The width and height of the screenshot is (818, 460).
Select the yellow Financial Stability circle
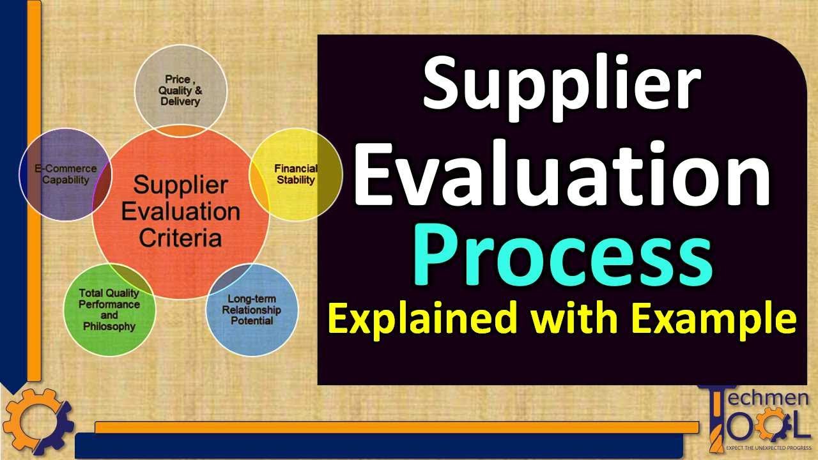(x=296, y=174)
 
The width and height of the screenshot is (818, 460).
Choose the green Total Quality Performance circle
(x=109, y=310)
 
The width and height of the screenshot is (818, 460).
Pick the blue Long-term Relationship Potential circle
(x=252, y=310)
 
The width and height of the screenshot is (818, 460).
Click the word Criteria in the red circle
(x=180, y=239)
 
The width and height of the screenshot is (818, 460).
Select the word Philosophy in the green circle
(x=109, y=326)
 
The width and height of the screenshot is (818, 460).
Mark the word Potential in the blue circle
(x=251, y=320)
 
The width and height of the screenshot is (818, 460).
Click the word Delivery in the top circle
(x=180, y=102)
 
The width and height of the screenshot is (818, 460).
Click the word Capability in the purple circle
(x=66, y=180)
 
